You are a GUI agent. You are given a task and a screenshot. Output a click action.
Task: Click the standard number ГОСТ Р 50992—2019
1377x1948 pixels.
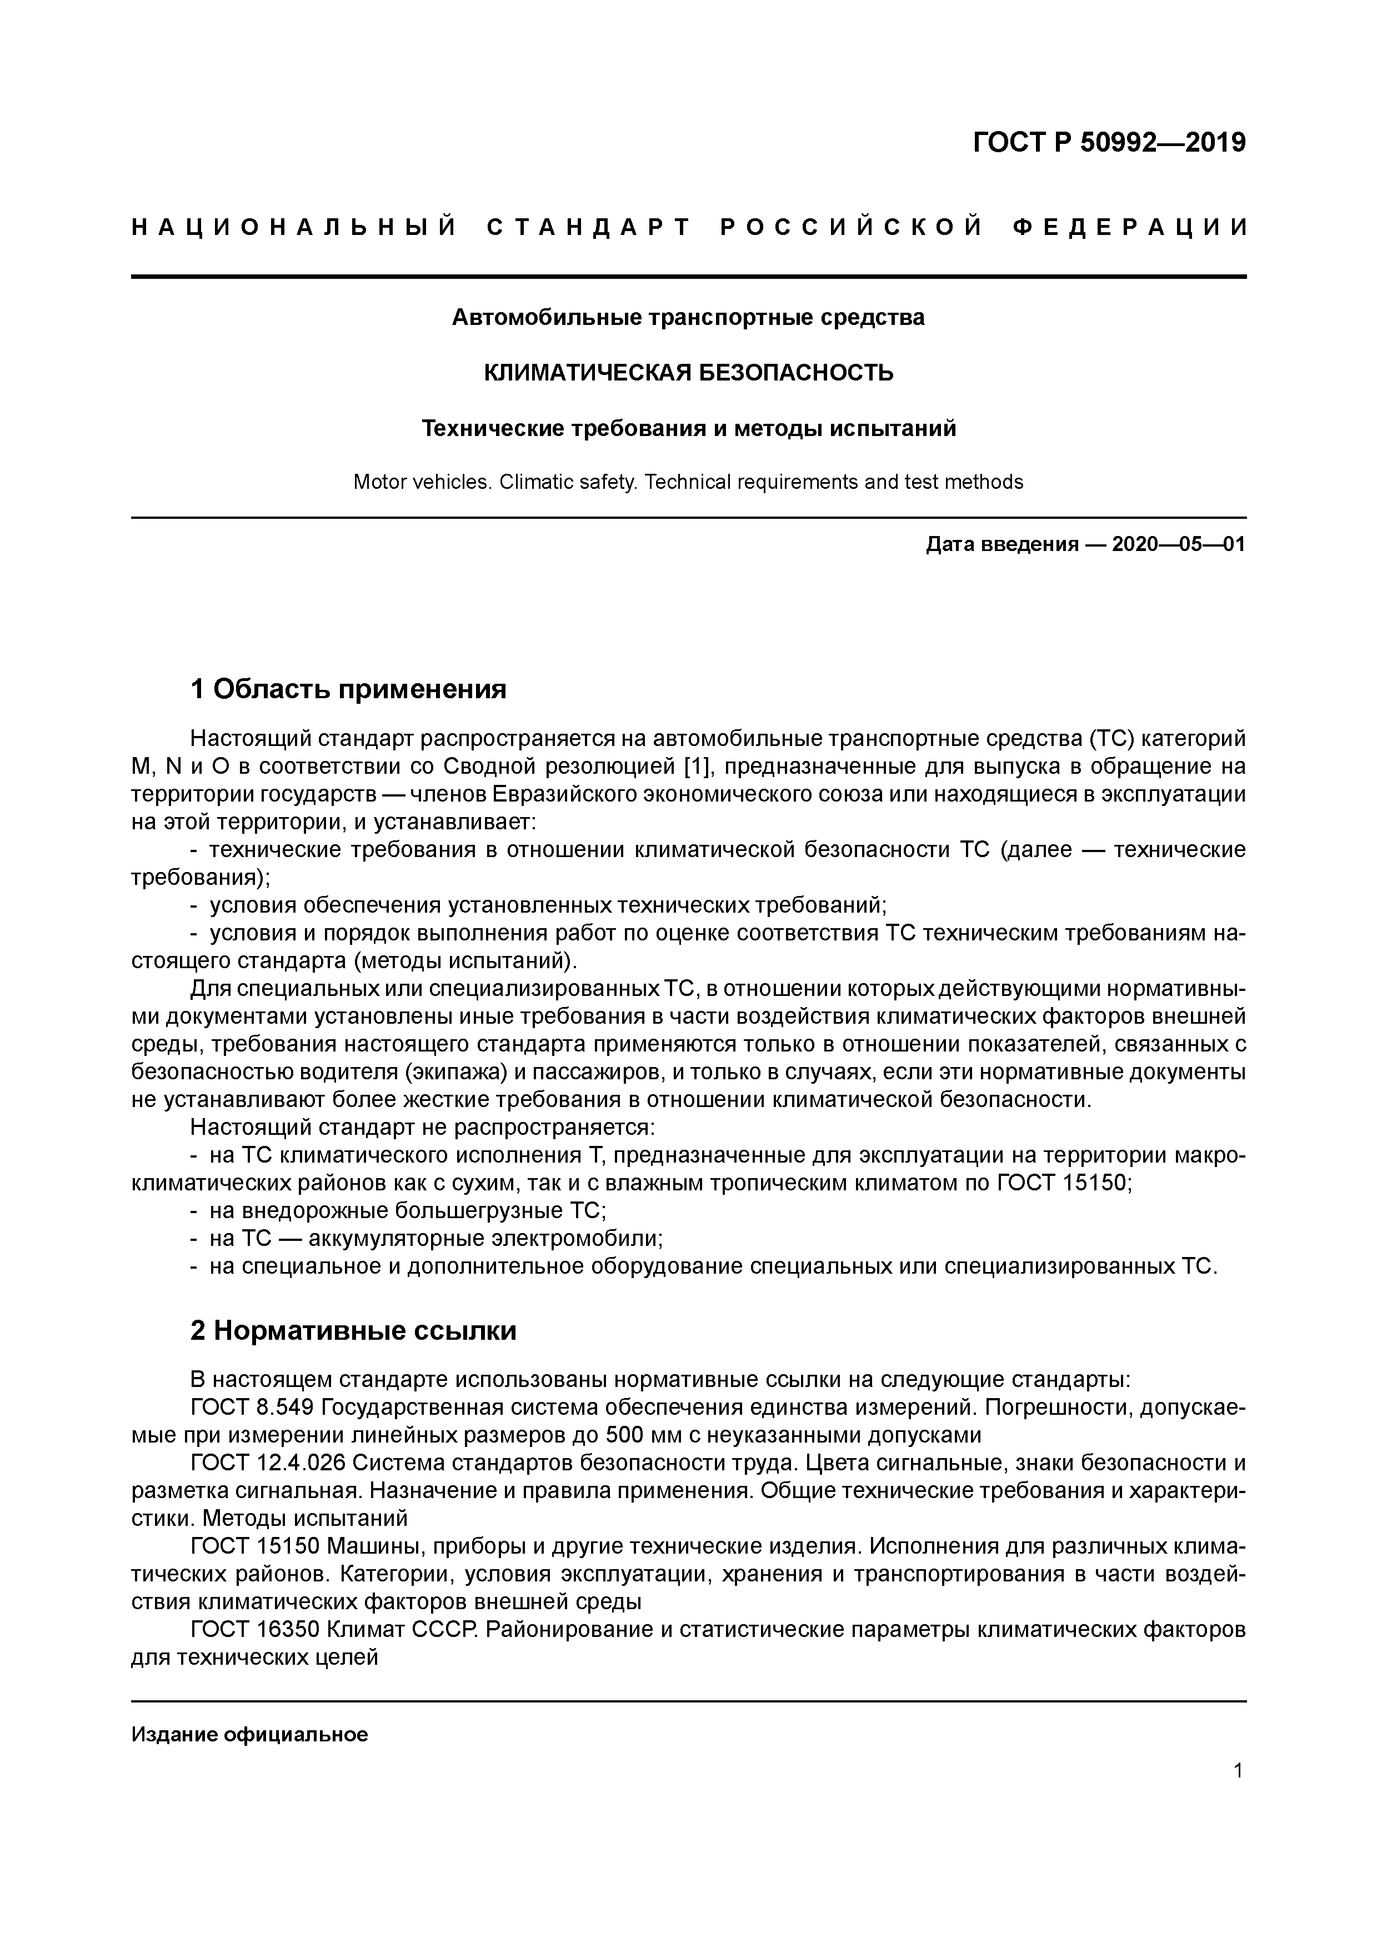click(1108, 143)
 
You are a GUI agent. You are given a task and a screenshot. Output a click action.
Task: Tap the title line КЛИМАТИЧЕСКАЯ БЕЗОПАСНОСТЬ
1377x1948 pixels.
click(688, 373)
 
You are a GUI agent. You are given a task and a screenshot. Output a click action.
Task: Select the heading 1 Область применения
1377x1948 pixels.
click(348, 689)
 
